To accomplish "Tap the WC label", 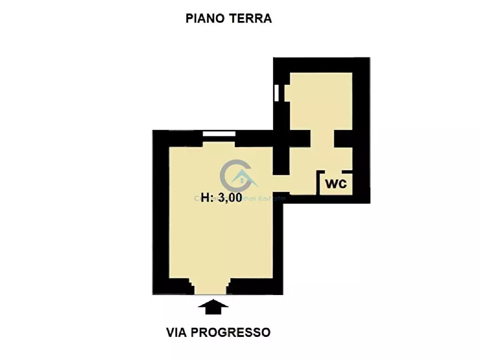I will click(x=336, y=184).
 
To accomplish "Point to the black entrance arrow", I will click(x=213, y=307).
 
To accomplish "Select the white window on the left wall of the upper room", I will click(x=276, y=93).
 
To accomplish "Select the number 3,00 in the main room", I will click(x=230, y=197).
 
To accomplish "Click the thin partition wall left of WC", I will click(x=318, y=183).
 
